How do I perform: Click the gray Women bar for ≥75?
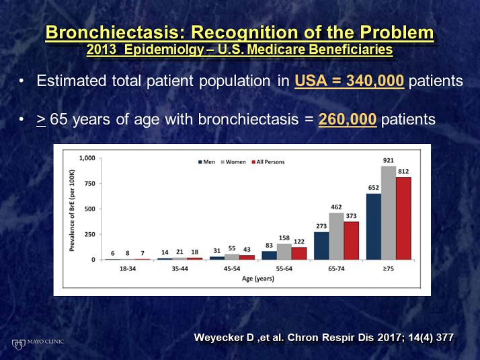click(389, 213)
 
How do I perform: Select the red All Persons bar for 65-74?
click(351, 241)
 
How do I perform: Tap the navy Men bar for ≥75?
click(374, 227)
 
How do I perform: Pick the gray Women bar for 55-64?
click(284, 252)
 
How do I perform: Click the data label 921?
click(389, 160)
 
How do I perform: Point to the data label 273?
click(321, 226)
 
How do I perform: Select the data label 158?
click(284, 238)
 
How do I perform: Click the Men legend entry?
click(206, 161)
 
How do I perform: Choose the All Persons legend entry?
click(268, 161)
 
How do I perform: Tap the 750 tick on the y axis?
click(89, 184)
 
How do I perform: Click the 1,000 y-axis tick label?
click(87, 158)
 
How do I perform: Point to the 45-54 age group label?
click(232, 268)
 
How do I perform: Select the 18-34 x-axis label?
click(128, 268)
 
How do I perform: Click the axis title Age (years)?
click(258, 279)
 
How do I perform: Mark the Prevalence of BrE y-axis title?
click(72, 210)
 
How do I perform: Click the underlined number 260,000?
click(348, 119)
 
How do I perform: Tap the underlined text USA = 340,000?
click(350, 81)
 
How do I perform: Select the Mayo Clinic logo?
click(38, 344)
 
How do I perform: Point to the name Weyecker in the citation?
click(224, 337)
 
